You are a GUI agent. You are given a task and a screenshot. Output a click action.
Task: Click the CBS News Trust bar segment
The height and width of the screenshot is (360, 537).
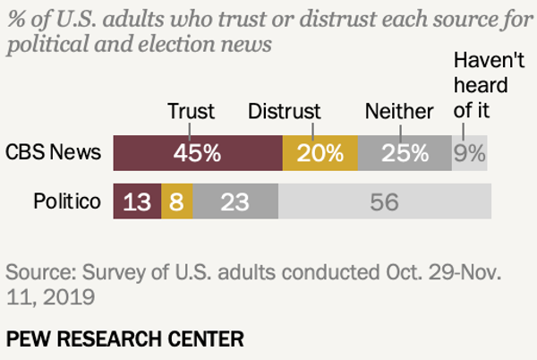click(198, 153)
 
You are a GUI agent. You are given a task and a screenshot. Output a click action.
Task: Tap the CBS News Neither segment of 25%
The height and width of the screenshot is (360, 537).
click(405, 153)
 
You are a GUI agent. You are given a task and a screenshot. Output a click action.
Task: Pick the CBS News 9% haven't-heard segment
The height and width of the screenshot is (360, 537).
click(469, 153)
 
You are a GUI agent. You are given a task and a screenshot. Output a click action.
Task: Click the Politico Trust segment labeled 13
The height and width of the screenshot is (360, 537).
click(137, 202)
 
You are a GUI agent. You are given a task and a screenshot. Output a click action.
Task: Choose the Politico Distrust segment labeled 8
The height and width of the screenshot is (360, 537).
click(176, 202)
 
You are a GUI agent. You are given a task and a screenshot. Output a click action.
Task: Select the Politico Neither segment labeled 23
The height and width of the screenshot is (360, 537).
click(234, 202)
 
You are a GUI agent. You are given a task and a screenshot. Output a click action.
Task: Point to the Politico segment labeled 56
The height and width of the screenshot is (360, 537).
click(384, 202)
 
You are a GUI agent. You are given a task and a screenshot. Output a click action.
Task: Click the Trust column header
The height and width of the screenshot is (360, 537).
click(192, 111)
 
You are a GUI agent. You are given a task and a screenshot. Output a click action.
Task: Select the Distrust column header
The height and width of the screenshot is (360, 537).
click(286, 111)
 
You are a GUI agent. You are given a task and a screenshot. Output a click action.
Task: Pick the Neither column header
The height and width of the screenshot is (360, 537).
click(399, 111)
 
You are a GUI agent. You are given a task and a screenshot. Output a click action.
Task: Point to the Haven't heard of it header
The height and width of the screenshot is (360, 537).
click(482, 87)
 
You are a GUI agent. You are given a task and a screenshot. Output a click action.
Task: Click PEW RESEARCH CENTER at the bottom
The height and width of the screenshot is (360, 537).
click(125, 339)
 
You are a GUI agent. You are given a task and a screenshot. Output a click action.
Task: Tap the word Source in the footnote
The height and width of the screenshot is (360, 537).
click(37, 271)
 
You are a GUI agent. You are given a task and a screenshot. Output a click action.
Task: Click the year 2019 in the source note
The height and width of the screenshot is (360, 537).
click(62, 295)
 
